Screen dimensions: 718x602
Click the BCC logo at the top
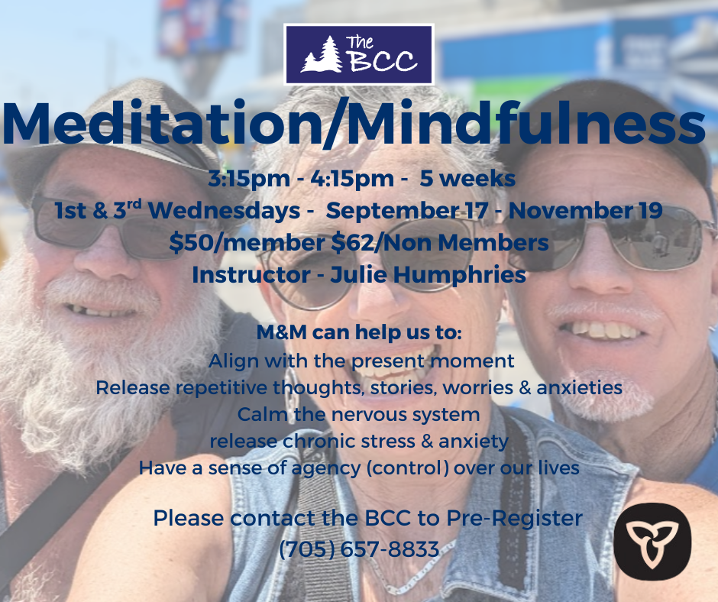[358, 54]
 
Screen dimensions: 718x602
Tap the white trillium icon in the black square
[652, 542]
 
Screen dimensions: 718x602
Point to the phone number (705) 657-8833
[359, 549]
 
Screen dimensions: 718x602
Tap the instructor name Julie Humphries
[429, 275]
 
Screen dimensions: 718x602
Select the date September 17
[406, 210]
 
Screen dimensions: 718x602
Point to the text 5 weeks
[467, 178]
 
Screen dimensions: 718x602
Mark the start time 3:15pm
[250, 179]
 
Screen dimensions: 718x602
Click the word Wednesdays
[224, 211]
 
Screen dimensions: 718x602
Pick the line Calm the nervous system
[358, 414]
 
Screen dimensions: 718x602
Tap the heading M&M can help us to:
[359, 332]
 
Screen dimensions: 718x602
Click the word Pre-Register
[514, 518]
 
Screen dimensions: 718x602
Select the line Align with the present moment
[361, 361]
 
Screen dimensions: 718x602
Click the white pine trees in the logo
[322, 54]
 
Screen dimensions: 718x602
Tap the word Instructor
[251, 275]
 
